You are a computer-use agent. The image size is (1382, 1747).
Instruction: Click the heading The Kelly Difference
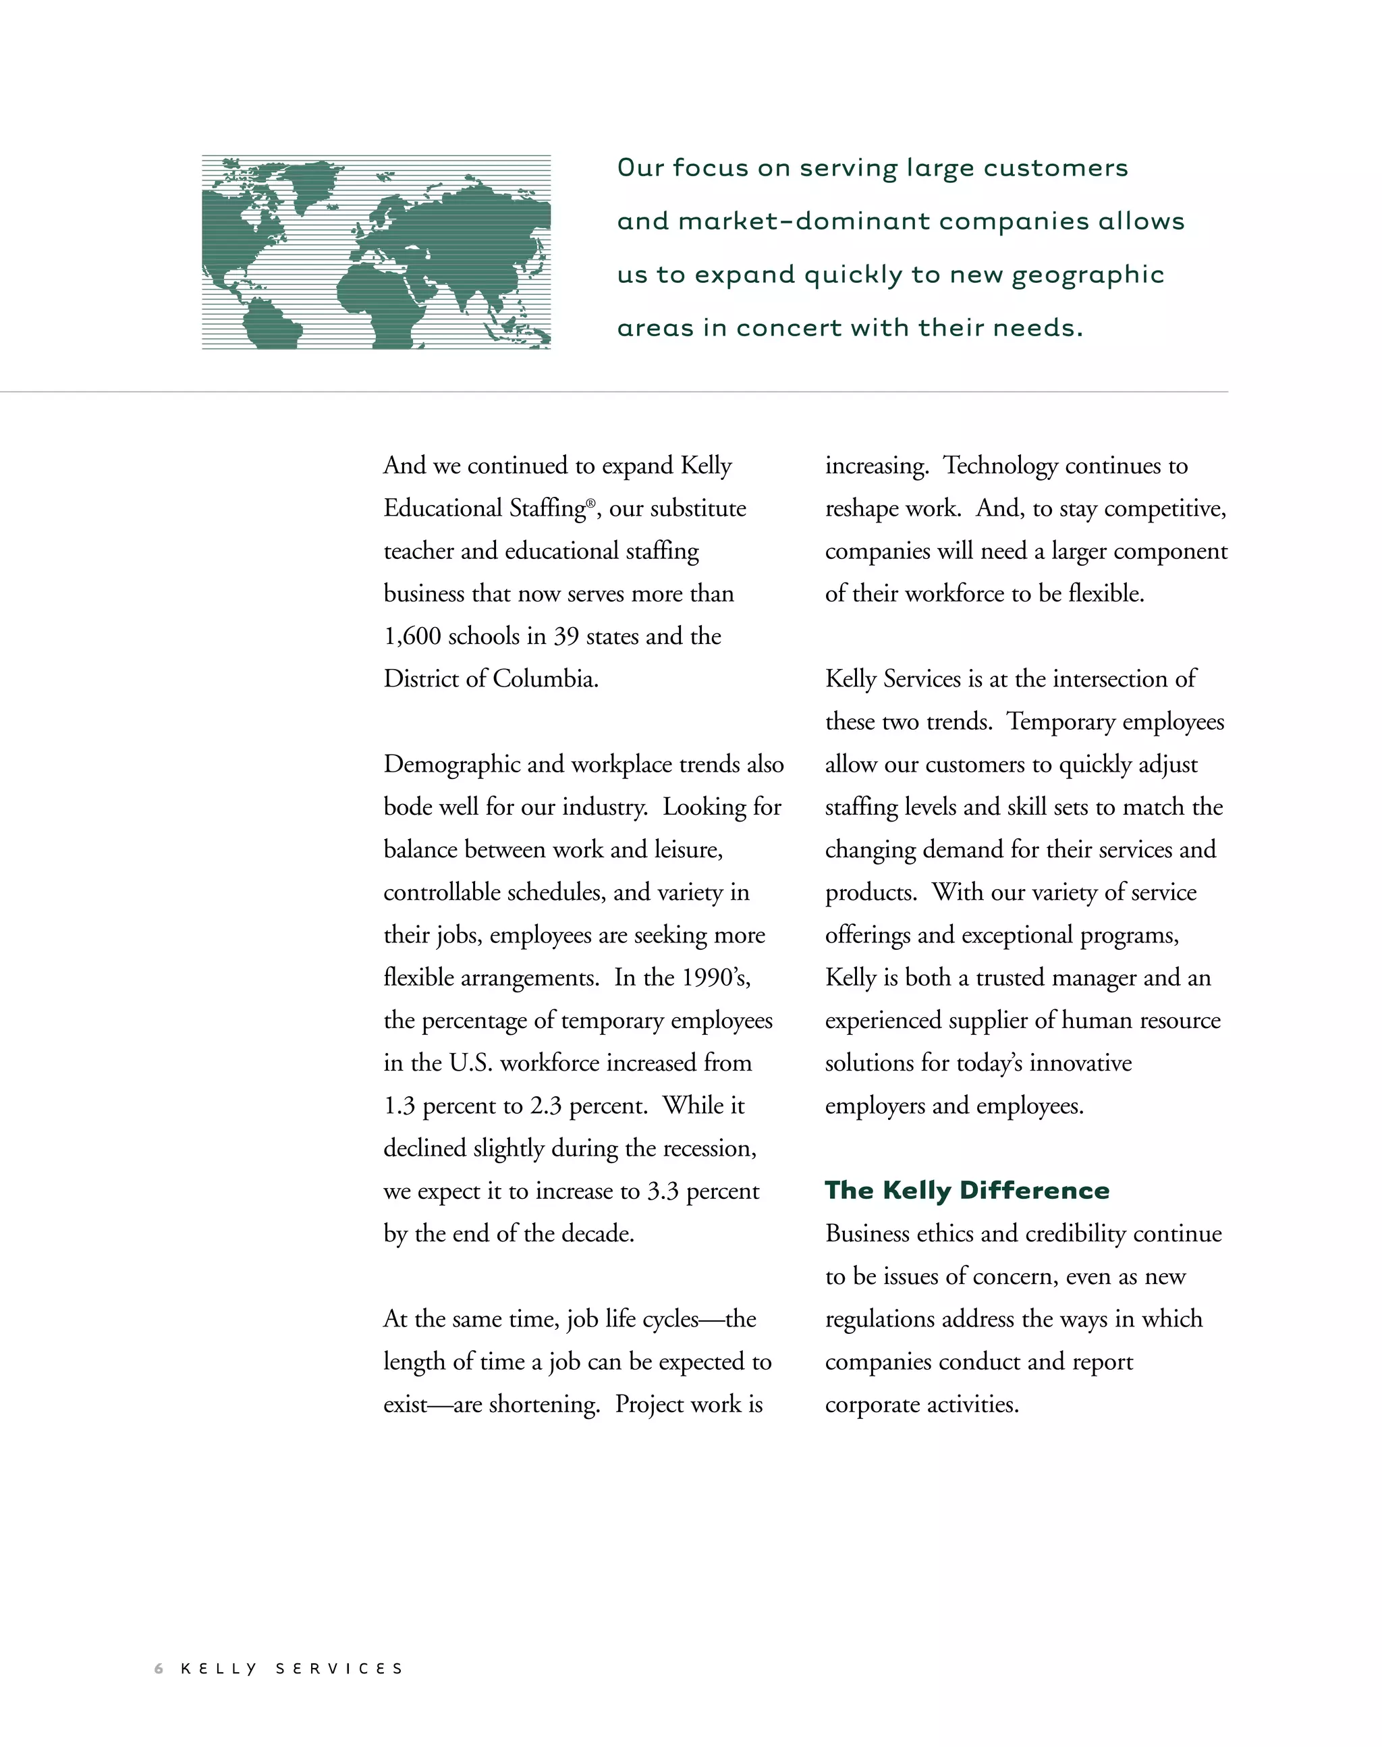967,1190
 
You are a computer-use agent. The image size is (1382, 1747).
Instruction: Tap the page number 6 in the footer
159,1669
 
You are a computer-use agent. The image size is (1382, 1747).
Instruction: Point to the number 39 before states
565,637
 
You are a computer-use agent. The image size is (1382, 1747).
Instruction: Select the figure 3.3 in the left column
663,1191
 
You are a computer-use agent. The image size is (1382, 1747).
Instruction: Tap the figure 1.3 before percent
399,1106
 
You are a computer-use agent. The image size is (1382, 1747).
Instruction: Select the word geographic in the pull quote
1088,275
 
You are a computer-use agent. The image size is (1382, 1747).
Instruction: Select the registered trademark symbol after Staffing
590,502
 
